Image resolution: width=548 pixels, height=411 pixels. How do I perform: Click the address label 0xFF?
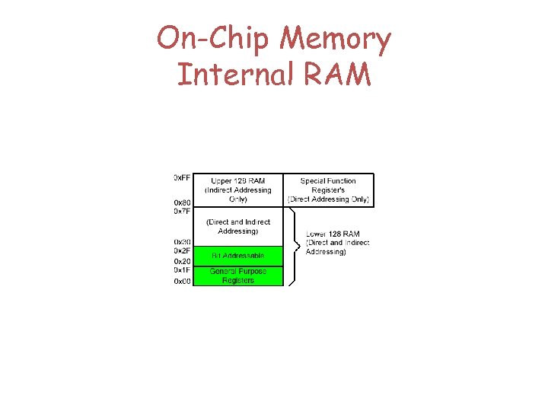182,177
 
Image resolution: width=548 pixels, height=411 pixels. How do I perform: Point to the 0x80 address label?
182,202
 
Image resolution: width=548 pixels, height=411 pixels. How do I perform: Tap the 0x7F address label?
182,212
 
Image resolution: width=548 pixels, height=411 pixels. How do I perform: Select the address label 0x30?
182,242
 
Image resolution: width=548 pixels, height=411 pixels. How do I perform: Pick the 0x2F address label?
182,251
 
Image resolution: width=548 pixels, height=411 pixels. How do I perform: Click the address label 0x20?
182,261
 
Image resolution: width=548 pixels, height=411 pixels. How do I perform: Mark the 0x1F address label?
182,270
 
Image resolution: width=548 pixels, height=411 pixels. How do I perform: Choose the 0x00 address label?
182,281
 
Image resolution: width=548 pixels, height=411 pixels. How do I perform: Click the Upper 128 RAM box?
237,190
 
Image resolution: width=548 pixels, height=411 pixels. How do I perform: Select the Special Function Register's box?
328,190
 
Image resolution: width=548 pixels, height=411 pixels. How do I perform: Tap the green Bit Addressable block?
237,256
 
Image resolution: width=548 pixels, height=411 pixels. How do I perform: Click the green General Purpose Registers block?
237,276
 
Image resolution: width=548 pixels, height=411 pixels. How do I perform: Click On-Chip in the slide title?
205,39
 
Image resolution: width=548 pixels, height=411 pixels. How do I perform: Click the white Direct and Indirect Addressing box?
237,226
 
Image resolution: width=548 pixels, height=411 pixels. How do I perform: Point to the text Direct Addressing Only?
328,199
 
